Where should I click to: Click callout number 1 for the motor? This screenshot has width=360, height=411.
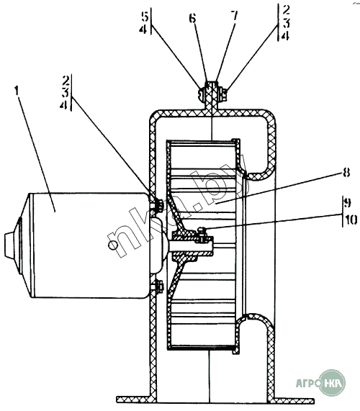(x=17, y=91)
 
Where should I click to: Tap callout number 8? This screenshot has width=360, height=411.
(x=346, y=173)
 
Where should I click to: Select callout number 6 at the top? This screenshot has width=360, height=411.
(x=192, y=18)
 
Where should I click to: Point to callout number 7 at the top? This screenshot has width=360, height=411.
(x=234, y=16)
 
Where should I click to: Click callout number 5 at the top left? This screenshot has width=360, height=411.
(x=145, y=17)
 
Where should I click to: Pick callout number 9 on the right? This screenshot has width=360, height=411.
(x=347, y=202)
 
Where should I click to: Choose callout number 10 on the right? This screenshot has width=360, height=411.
(x=351, y=220)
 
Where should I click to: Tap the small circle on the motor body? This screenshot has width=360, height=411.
(x=113, y=245)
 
